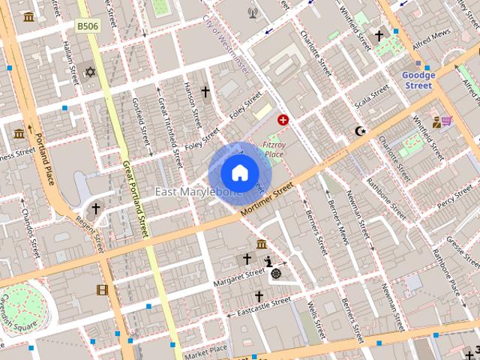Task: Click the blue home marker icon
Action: coord(239,173)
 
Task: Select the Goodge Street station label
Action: coord(418,80)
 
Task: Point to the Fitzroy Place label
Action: coord(273,148)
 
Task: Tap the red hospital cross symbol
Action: coord(283,119)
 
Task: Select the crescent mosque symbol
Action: coord(361,131)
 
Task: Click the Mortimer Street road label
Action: coord(267,203)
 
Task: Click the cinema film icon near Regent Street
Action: coord(102,289)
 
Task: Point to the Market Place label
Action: coord(205,350)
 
